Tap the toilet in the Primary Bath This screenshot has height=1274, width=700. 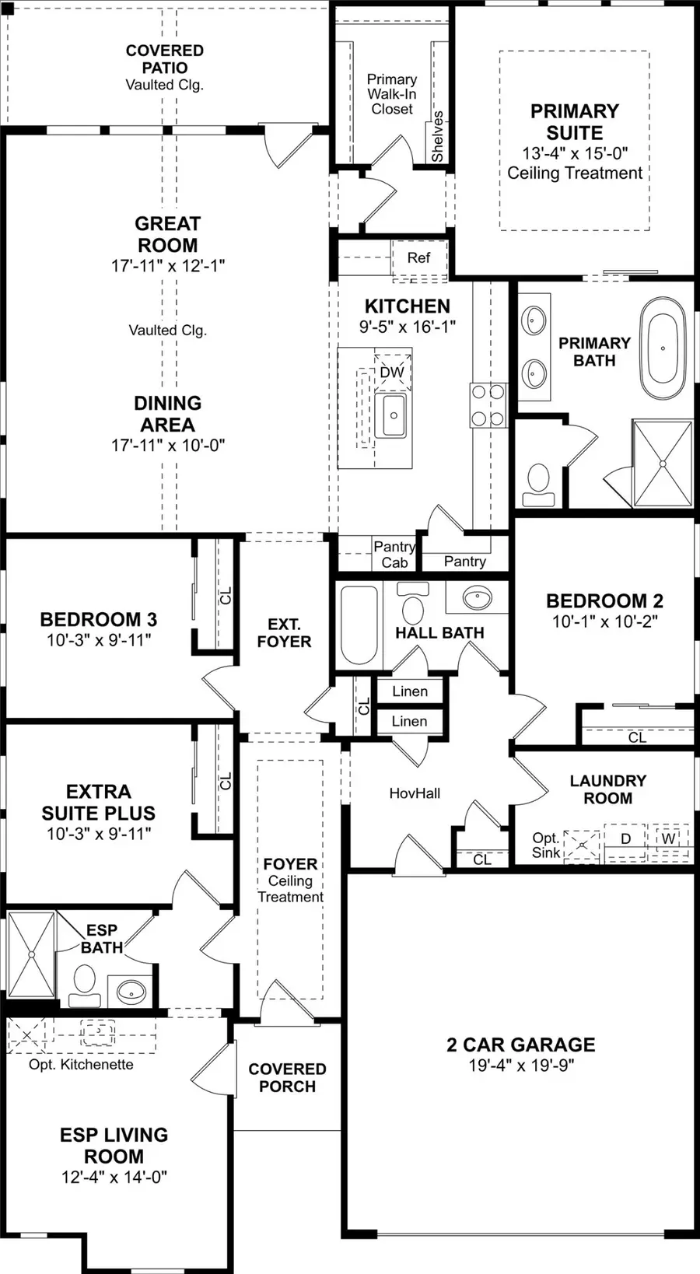538,485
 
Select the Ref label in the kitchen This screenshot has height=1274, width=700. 418,257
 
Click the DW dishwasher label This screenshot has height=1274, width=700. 392,373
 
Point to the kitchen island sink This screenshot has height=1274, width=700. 390,415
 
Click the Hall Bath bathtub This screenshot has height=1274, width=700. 359,625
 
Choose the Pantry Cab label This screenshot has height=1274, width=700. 394,555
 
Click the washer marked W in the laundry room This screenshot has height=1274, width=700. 669,838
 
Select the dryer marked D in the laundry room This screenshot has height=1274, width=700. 625,838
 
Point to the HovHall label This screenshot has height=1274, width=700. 415,793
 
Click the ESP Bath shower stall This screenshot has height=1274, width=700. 32,954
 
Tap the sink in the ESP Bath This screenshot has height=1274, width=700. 131,992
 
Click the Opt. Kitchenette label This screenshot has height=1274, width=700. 82,1065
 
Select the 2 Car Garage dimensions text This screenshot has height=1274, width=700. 521,1066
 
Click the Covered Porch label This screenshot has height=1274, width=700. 287,1078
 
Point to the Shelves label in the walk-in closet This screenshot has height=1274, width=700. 437,137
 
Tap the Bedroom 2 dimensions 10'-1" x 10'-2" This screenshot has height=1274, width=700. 605,621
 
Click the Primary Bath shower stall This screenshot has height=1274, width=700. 663,464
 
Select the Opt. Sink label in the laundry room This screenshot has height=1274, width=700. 546,845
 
